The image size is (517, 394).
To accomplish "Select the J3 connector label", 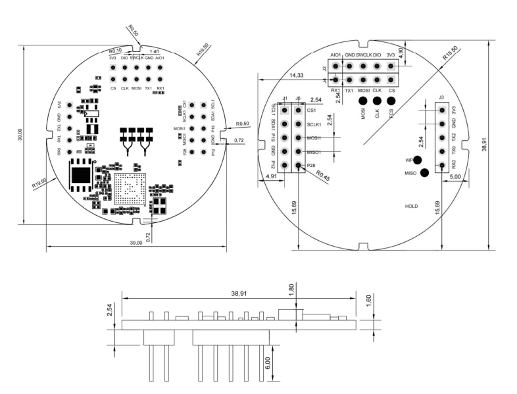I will coord(441,99).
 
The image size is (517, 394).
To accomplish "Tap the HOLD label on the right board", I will coord(411,206).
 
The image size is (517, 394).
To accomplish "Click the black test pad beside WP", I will coord(417,160).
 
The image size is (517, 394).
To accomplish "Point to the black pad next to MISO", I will coord(424,173).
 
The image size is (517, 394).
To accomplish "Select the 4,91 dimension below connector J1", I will coord(272,176).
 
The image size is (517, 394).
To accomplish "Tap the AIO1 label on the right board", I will coord(336,55).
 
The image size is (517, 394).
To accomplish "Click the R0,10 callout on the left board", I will coord(116,51).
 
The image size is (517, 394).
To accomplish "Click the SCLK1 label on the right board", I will coord(314,124).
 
